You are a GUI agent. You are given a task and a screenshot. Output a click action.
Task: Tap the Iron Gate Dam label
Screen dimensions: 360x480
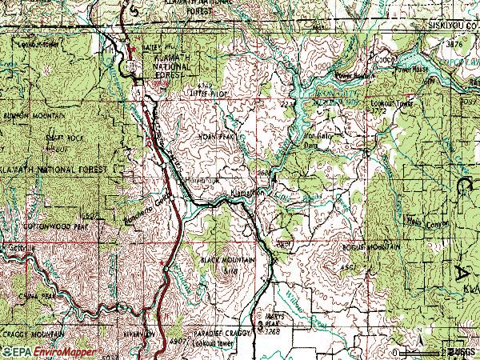click(317, 140)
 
